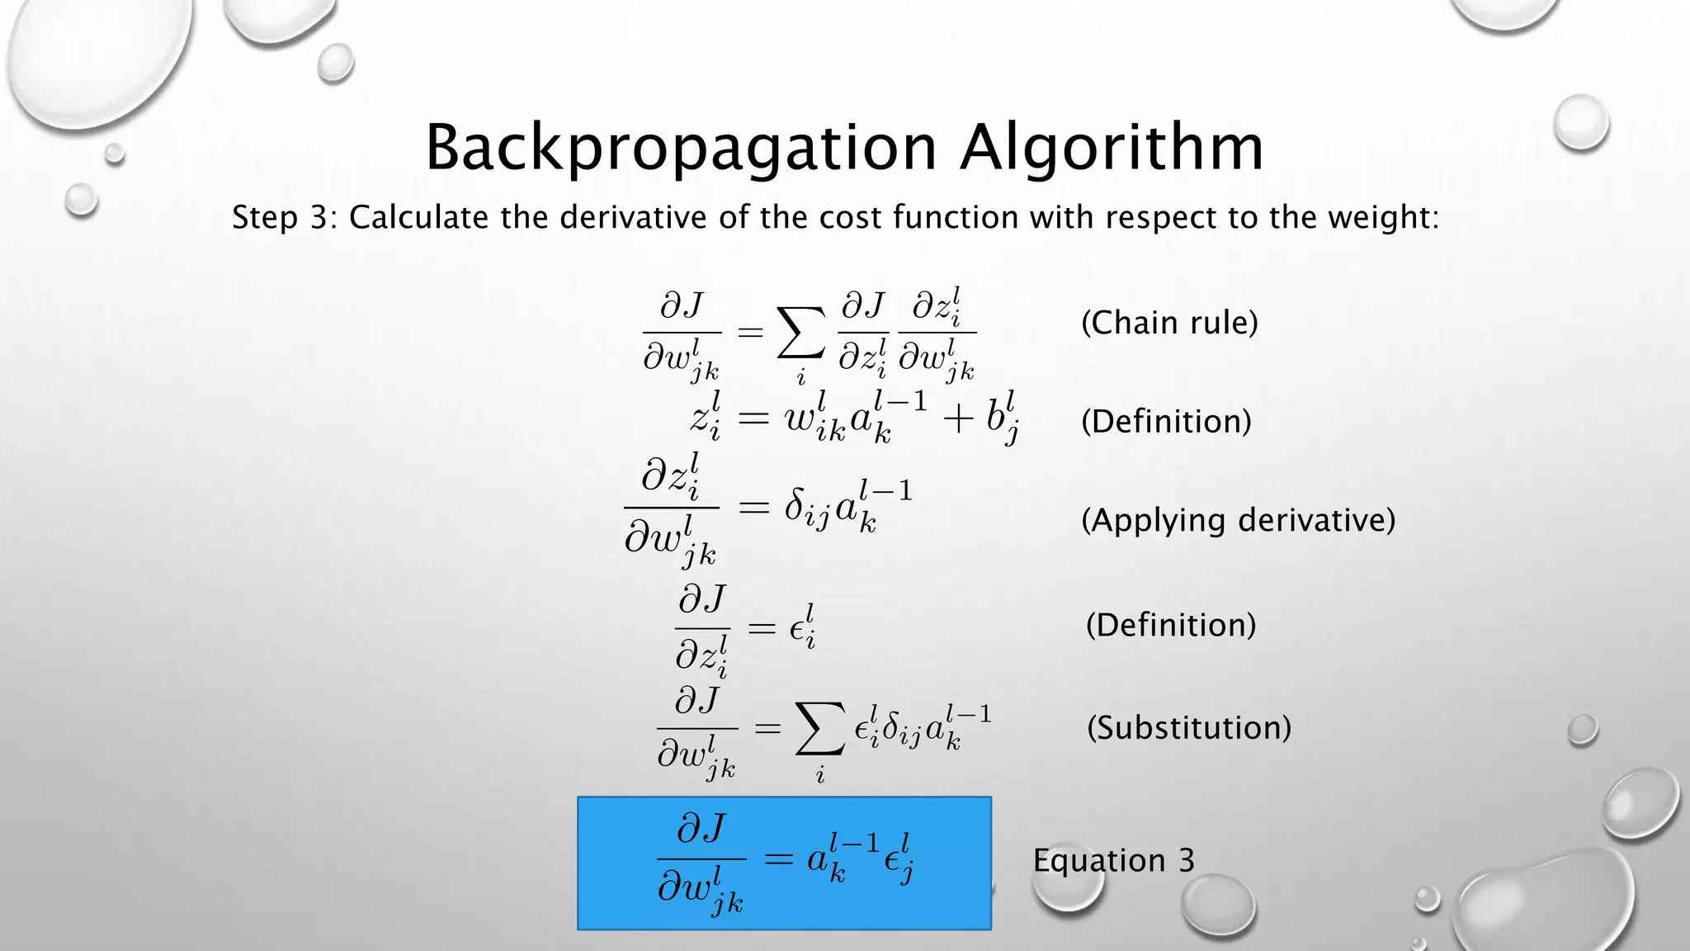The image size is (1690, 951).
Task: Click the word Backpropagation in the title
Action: pos(680,149)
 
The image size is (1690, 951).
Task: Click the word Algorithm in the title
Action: pos(1111,149)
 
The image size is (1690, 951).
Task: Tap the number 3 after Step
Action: pos(319,218)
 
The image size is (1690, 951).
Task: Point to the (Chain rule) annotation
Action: pos(1169,323)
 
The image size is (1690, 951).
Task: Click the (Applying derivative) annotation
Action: pos(1238,520)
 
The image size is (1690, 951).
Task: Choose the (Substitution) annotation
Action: pos(1188,728)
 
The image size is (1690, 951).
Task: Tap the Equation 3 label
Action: pos(1113,860)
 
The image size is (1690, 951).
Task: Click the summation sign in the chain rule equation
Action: pos(800,334)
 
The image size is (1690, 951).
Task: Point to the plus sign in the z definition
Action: pos(958,420)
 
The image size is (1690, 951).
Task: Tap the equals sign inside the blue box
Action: pos(778,860)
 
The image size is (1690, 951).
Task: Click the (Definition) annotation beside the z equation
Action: pos(1166,422)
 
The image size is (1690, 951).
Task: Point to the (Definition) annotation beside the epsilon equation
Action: pos(1170,625)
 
